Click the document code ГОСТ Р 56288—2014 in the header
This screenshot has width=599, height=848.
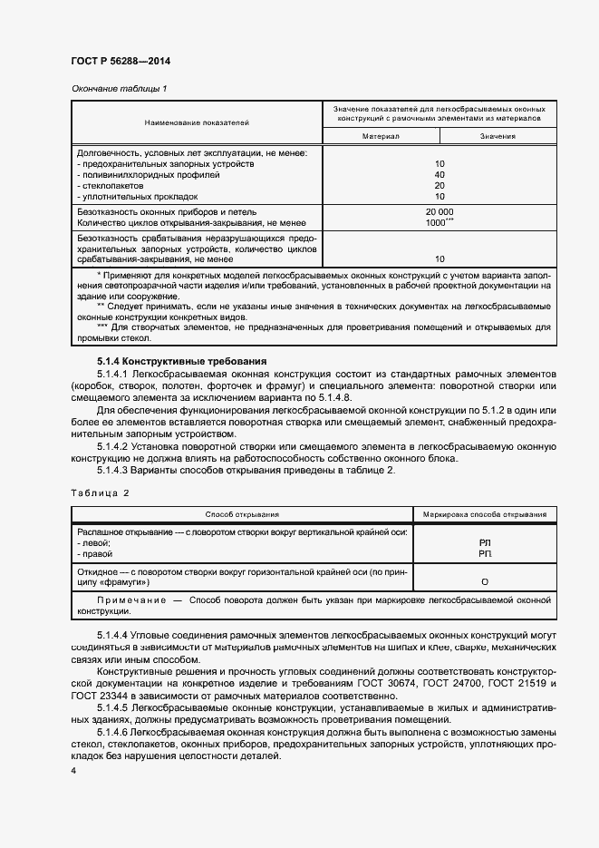tap(121, 61)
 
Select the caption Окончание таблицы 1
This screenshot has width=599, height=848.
tap(119, 88)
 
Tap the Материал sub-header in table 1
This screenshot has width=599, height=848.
tap(381, 136)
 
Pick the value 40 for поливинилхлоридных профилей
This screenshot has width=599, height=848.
tap(440, 174)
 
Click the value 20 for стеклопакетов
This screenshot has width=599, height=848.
tap(440, 185)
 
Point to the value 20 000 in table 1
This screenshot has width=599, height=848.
tap(440, 210)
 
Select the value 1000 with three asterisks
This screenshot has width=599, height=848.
tap(440, 221)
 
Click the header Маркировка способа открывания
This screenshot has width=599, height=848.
tap(485, 513)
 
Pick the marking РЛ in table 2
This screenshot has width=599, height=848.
tap(485, 542)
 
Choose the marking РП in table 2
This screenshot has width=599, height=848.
tap(485, 553)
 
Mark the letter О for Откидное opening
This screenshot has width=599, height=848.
tap(485, 581)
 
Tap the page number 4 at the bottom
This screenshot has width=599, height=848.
tap(74, 770)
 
